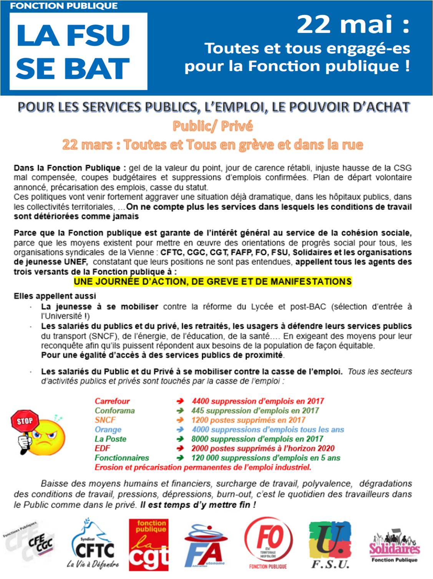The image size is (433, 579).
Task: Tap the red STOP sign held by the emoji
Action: [x=25, y=421]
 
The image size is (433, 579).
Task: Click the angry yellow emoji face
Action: [x=49, y=437]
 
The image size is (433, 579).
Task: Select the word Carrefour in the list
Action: [x=112, y=401]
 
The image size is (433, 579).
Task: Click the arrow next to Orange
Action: [x=180, y=430]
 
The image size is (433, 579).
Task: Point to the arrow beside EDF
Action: [x=180, y=448]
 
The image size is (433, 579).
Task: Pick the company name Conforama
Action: [x=114, y=410]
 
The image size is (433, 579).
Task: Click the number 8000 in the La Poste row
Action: [x=200, y=439]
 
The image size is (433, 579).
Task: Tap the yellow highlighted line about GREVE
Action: [x=212, y=282]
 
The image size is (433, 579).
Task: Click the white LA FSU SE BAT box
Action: [x=78, y=51]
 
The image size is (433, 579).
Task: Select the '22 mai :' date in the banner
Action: [x=353, y=25]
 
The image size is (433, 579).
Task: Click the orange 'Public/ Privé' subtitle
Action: [x=212, y=126]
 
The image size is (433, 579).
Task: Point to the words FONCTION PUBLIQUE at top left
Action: [x=64, y=6]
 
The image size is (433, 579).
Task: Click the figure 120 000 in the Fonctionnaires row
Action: [x=205, y=458]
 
